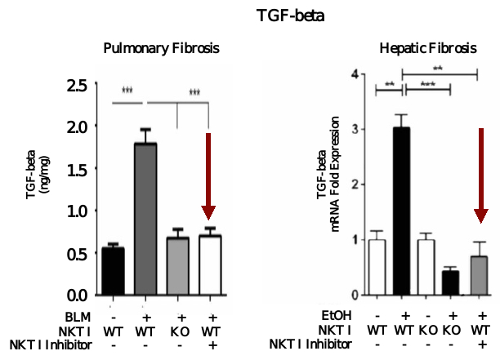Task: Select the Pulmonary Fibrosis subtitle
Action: pyautogui.click(x=161, y=48)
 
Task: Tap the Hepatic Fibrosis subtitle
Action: pyautogui.click(x=428, y=48)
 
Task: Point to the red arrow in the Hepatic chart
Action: pyautogui.click(x=482, y=175)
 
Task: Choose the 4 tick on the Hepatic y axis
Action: pyautogui.click(x=354, y=73)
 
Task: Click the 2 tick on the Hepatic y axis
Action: pyautogui.click(x=354, y=184)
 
